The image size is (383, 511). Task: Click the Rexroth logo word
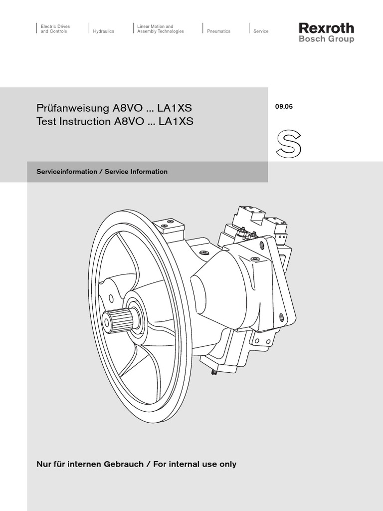[326, 28]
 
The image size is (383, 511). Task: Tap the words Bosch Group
[326, 39]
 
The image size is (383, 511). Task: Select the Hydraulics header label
[104, 31]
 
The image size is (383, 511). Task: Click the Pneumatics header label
[219, 31]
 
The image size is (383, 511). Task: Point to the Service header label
[261, 31]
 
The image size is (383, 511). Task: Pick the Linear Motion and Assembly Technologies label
[161, 28]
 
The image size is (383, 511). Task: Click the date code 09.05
[283, 106]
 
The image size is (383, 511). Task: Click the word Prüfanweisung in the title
[67, 108]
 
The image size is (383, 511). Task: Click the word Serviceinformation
[67, 171]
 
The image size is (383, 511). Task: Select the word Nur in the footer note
[44, 464]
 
